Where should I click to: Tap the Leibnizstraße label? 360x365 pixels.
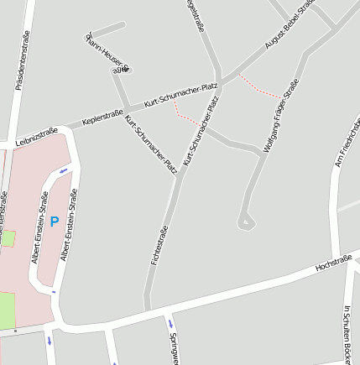tap(37, 136)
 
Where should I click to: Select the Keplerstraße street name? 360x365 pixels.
tap(103, 116)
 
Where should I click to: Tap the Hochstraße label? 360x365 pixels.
tap(332, 264)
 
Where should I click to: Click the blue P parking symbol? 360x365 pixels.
tap(54, 222)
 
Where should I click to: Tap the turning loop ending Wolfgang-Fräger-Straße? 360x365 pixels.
tap(245, 222)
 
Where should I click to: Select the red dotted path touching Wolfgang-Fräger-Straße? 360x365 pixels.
tap(260, 87)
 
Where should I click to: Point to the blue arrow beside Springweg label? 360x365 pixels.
tap(170, 323)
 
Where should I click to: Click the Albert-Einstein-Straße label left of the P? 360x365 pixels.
tap(39, 227)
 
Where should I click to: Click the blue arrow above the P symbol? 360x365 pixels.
tap(65, 171)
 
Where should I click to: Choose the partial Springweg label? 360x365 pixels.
tap(175, 348)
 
